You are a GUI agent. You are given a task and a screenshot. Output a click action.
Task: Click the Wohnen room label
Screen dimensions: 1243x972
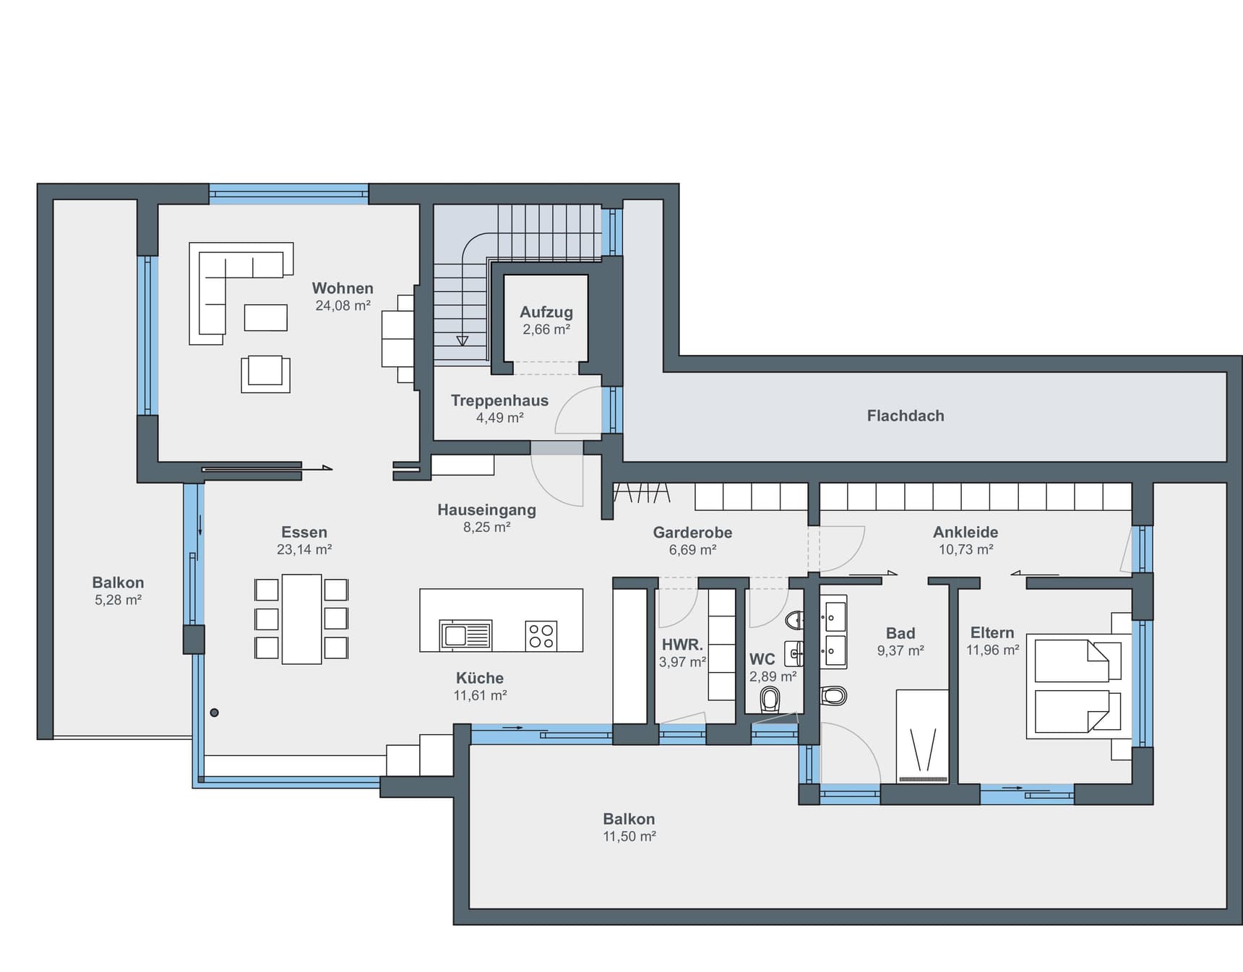point(343,288)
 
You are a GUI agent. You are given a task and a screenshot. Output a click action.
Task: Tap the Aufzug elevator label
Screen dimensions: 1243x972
point(546,312)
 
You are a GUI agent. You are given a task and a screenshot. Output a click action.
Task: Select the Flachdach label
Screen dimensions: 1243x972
point(906,416)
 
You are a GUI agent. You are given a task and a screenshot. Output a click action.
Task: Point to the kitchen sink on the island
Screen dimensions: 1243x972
point(466,635)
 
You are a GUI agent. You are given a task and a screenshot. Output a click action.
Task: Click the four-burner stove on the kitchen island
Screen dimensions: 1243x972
point(541,636)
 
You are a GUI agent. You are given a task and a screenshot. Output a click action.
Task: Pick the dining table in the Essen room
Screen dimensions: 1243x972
point(301,619)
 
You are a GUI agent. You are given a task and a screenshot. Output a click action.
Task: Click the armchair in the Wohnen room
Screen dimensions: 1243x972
point(265,374)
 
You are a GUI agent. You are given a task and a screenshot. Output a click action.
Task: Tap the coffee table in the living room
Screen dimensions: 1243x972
point(265,317)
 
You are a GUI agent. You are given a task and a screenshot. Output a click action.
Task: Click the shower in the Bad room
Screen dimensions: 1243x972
point(922,736)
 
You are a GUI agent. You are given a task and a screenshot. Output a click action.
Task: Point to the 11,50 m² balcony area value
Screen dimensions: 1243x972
point(629,836)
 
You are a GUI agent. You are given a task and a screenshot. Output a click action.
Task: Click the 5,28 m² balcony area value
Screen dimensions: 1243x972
point(118,600)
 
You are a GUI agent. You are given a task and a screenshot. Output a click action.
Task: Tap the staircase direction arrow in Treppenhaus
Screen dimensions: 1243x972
point(463,340)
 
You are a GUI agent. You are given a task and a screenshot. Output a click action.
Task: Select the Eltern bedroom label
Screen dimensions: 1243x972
point(992,632)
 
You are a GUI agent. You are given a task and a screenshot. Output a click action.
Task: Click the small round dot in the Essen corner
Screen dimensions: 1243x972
point(214,713)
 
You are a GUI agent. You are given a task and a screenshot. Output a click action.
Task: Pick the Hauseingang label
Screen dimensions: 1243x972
point(486,509)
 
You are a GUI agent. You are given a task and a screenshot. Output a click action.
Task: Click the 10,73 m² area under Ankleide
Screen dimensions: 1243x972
point(965,549)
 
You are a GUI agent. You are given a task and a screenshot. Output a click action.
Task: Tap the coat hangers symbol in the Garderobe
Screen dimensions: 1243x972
point(642,493)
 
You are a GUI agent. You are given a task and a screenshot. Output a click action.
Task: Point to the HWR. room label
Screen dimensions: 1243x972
point(682,645)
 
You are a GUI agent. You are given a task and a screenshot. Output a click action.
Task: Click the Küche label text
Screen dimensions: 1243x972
point(480,678)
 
